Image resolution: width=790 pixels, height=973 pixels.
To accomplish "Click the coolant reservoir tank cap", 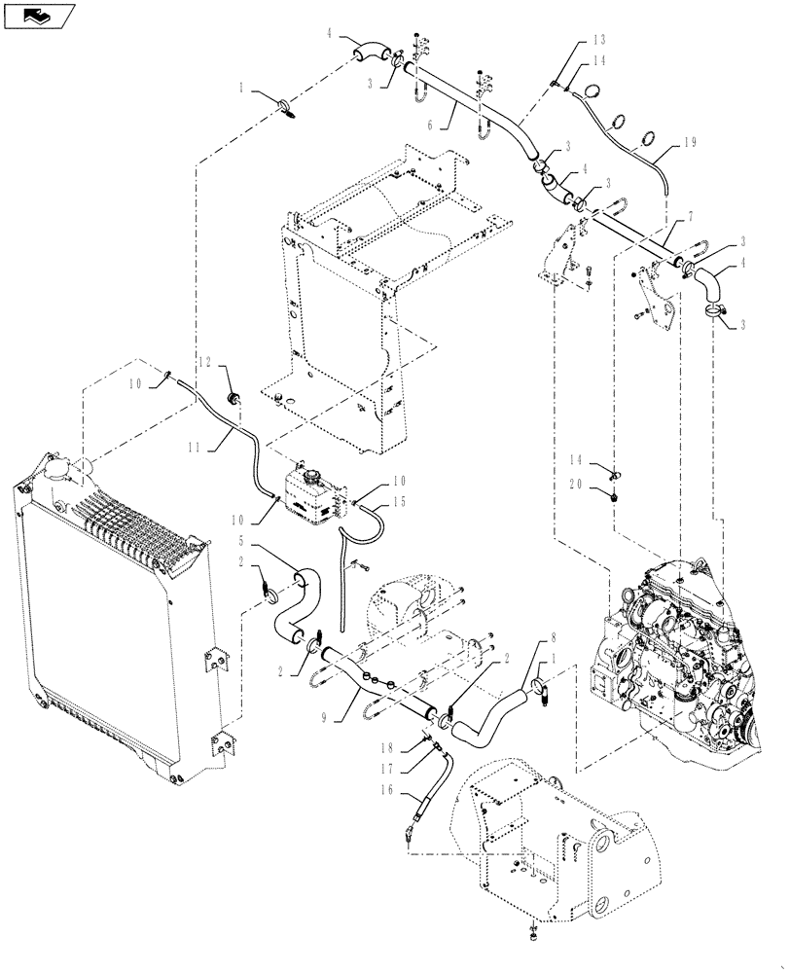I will pyautogui.click(x=312, y=478).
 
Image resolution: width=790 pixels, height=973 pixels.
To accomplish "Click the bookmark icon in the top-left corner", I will pyautogui.click(x=38, y=15).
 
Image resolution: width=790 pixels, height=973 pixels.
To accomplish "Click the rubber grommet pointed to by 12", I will pyautogui.click(x=233, y=398).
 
